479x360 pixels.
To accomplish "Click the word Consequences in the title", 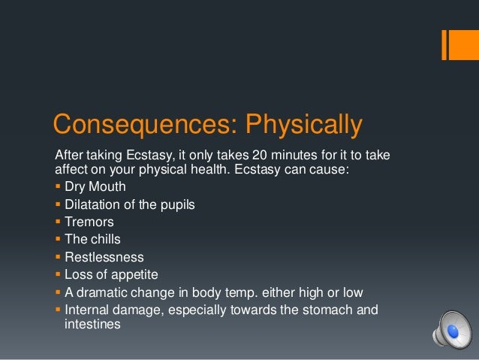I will (x=121, y=124).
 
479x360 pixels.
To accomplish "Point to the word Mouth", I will (x=109, y=186).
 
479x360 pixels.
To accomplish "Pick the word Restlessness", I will (x=104, y=257).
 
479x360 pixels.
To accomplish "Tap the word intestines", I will (x=89, y=327).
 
